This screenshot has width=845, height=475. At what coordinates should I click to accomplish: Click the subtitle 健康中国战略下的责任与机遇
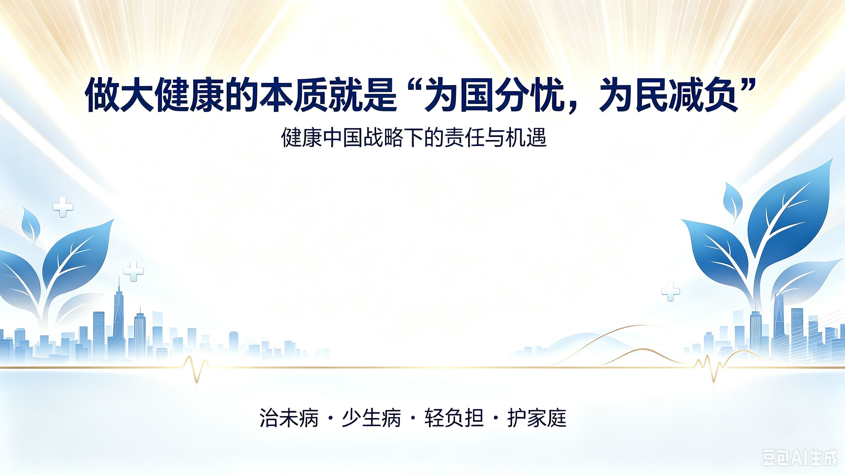point(414,137)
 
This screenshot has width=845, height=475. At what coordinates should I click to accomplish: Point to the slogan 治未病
point(289,417)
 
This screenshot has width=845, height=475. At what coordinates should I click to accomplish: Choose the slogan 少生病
point(372,417)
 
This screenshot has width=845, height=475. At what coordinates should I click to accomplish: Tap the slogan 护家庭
point(537,417)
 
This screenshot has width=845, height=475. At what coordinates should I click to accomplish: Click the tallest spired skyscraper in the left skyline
point(118,315)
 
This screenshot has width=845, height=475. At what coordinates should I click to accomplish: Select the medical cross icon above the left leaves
point(63,207)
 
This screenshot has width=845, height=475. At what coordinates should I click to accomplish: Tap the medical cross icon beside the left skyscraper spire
point(134,271)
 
